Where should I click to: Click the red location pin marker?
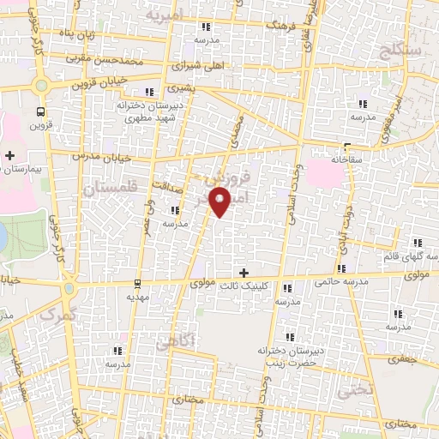[221, 202]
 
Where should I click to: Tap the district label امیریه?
[164, 16]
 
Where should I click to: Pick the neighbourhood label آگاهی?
[177, 341]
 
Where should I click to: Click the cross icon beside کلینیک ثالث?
[244, 273]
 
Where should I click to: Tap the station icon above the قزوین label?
[40, 111]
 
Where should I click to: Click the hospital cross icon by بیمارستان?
[9, 155]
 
